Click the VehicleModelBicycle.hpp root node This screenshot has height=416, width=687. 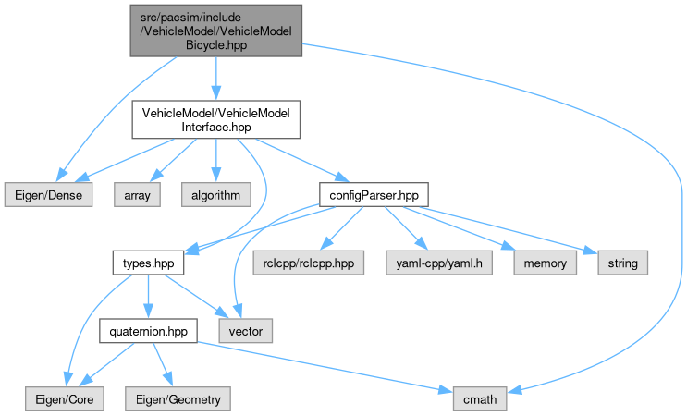215,29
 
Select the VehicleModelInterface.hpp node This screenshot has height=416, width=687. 216,121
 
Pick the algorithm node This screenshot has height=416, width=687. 216,195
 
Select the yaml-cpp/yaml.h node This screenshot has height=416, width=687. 425,263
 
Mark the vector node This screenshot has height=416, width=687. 245,330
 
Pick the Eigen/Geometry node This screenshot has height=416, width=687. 175,398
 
